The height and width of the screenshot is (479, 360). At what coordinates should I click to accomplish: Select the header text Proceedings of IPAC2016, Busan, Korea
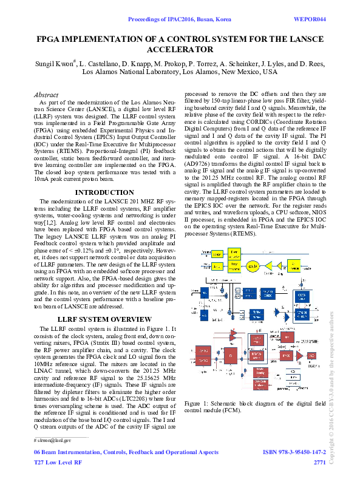click(x=180, y=19)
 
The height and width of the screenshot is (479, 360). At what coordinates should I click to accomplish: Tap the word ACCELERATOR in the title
click(x=180, y=49)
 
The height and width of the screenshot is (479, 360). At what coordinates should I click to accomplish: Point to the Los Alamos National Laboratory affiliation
click(x=180, y=71)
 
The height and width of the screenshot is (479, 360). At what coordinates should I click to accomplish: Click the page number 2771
click(x=319, y=463)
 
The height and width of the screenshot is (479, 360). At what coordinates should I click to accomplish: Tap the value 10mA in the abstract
click(x=41, y=180)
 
